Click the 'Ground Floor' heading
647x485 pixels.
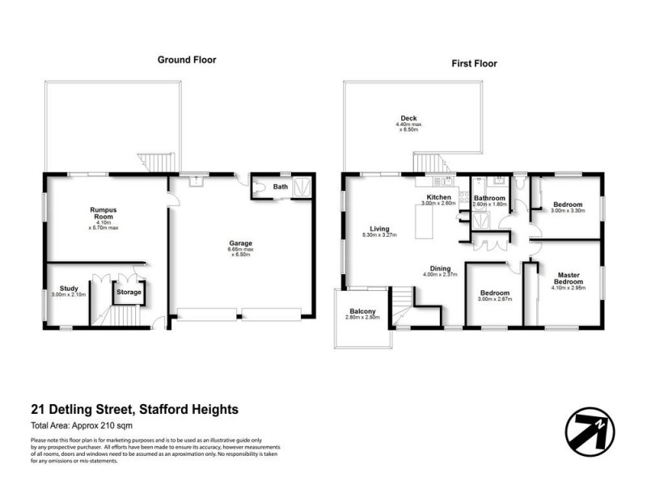coord(187,60)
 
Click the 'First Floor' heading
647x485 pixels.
coord(474,63)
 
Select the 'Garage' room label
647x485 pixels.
coord(240,243)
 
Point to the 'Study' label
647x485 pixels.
coord(69,288)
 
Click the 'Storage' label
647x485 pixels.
coord(129,292)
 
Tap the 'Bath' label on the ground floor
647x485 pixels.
coord(281,188)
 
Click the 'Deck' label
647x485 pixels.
coord(409,119)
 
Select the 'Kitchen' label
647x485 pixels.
coord(439,198)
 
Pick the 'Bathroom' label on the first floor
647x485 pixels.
coord(489,198)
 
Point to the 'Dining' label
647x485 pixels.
coord(440,268)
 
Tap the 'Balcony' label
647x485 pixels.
coord(362,311)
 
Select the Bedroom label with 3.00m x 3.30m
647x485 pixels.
coord(566,205)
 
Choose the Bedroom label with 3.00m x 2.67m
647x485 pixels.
coord(493,293)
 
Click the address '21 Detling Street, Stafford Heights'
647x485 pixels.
coord(134,410)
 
